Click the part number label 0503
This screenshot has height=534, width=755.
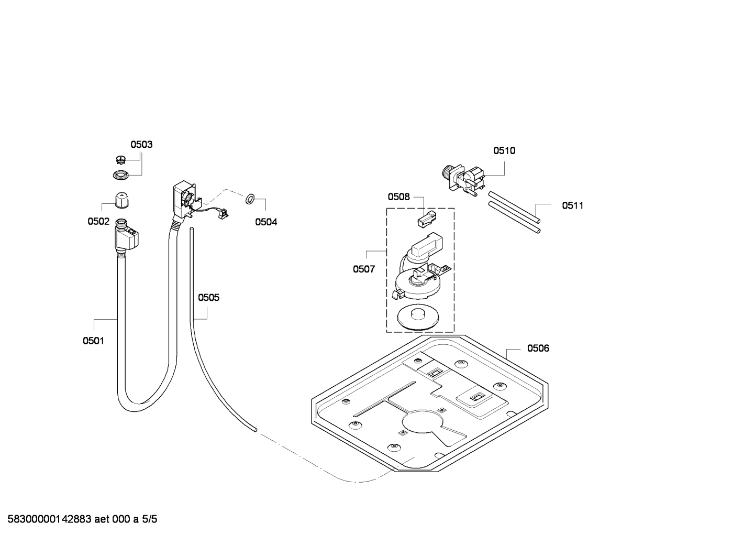point(141,145)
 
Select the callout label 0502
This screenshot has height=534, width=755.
point(98,222)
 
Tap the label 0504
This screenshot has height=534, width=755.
point(266,222)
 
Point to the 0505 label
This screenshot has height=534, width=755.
point(208,298)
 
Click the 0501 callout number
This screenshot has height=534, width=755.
point(93,341)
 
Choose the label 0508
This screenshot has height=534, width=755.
point(399,197)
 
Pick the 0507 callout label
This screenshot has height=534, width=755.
point(364,269)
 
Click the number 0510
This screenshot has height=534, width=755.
point(504,151)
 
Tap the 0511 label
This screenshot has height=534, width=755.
point(572,205)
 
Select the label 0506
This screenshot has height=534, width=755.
point(538,348)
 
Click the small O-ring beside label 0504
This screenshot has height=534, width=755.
point(250,199)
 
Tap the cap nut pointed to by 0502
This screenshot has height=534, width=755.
point(122,201)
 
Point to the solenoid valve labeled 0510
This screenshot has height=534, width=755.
point(463,180)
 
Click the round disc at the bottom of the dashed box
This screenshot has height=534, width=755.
point(418,318)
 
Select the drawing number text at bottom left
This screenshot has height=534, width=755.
point(82,519)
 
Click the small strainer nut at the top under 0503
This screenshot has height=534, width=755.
point(121,160)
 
